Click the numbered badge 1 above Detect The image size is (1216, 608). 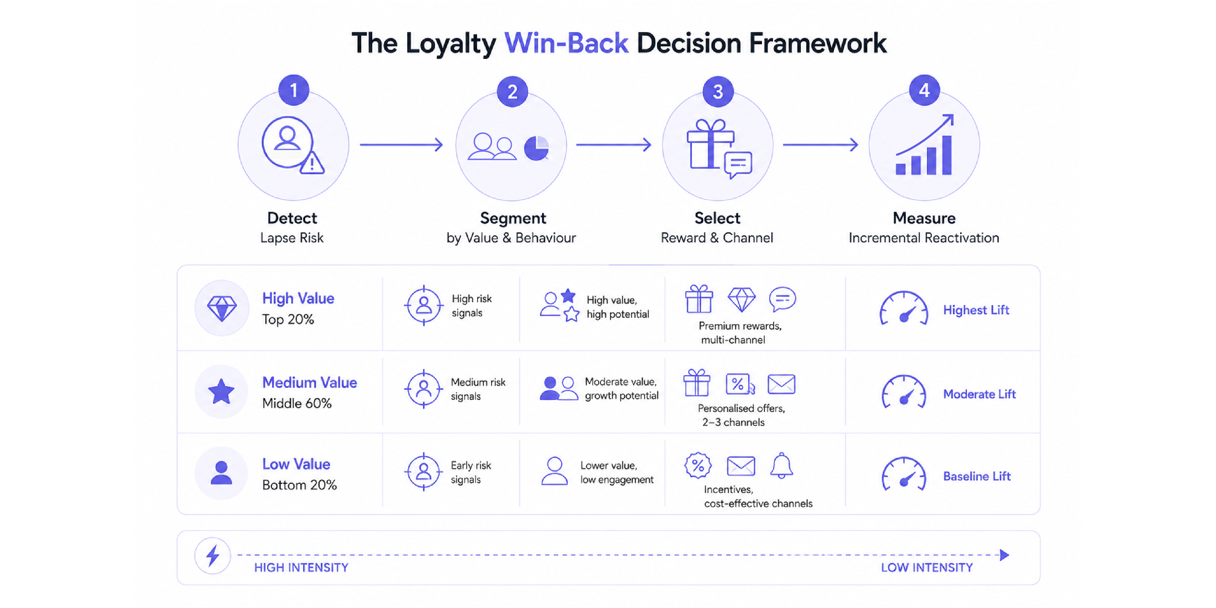(294, 90)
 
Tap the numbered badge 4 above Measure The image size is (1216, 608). (924, 90)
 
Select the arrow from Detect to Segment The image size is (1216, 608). (401, 144)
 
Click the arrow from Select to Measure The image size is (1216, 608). (820, 144)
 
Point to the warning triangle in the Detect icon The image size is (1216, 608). (312, 163)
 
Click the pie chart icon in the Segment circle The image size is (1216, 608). (537, 148)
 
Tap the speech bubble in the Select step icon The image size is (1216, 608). (738, 165)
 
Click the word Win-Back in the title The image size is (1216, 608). (566, 43)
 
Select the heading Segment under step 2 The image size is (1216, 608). (513, 218)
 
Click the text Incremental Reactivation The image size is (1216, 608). (924, 238)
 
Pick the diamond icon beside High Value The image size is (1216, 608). (222, 308)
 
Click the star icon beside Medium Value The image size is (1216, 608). (221, 391)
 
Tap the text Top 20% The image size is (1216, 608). (288, 320)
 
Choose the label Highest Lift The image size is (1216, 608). (976, 310)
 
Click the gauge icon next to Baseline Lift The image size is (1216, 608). (903, 474)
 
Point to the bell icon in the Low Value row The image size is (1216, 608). (781, 466)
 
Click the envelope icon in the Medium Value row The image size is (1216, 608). (781, 384)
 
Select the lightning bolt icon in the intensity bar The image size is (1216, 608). (213, 555)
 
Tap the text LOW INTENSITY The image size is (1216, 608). (927, 568)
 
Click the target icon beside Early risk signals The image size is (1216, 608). (423, 472)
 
